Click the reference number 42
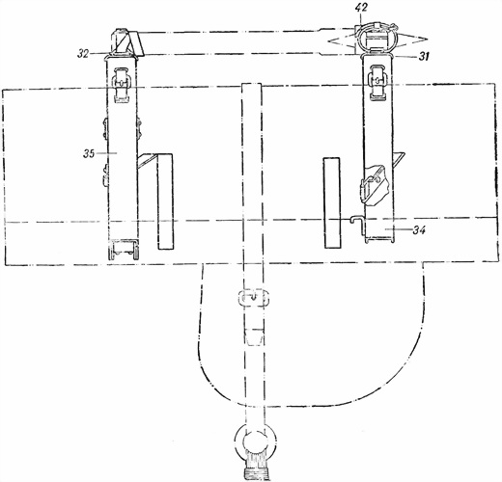pyautogui.click(x=362, y=9)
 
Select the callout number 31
pyautogui.click(x=424, y=57)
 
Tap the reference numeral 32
pyautogui.click(x=83, y=54)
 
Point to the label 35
pyautogui.click(x=89, y=154)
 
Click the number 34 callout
pyautogui.click(x=419, y=229)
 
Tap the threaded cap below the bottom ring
pyautogui.click(x=257, y=473)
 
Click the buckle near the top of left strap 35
pyautogui.click(x=121, y=84)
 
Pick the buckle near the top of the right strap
pyautogui.click(x=377, y=82)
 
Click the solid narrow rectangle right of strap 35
pyautogui.click(x=165, y=201)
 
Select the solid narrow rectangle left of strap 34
pyautogui.click(x=332, y=202)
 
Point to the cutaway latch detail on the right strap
pyautogui.click(x=374, y=185)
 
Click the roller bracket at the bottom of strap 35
pyautogui.click(x=125, y=249)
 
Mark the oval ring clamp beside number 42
pyautogui.click(x=377, y=37)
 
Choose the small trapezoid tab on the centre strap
pyautogui.click(x=255, y=337)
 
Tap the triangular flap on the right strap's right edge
pyautogui.click(x=399, y=160)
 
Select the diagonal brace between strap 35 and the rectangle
pyautogui.click(x=147, y=160)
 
